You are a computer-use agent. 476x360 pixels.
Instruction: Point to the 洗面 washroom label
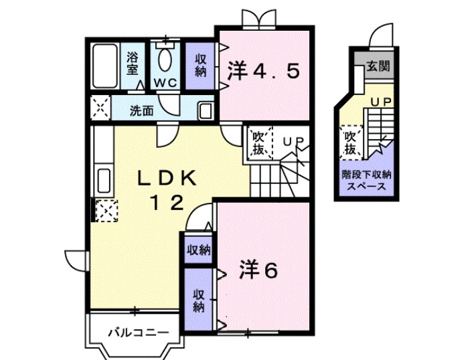tap(141, 110)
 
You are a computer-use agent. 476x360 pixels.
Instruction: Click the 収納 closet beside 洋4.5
tap(201, 65)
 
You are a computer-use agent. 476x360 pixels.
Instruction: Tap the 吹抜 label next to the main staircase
tap(259, 143)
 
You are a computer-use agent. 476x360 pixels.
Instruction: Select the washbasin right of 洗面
tap(206, 110)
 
